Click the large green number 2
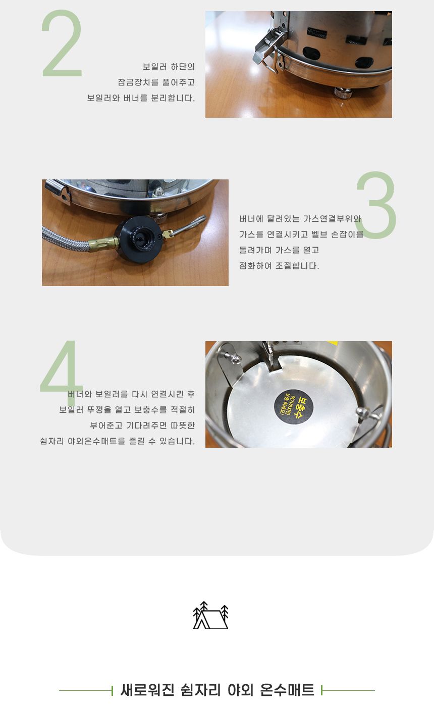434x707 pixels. click(62, 43)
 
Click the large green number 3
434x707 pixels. click(376, 205)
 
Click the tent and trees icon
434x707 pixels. click(210, 615)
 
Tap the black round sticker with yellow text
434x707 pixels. click(293, 407)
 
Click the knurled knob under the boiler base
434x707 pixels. click(343, 93)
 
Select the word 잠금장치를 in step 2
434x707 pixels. click(138, 82)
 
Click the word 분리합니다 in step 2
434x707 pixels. click(173, 98)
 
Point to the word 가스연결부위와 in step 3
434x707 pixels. click(332, 219)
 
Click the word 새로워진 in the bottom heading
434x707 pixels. click(147, 690)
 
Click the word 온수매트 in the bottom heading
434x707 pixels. click(287, 690)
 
